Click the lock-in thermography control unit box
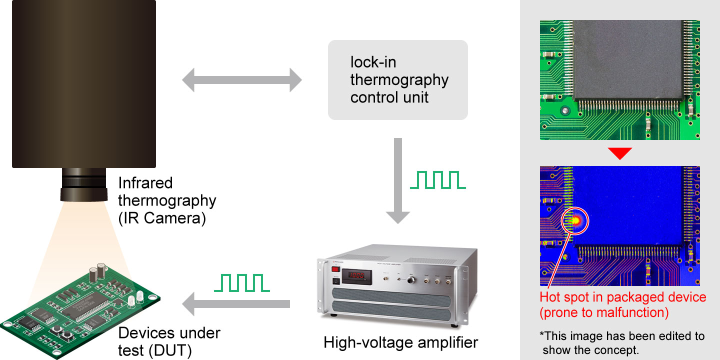[397, 80]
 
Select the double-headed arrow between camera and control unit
[241, 80]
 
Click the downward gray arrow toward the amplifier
[398, 180]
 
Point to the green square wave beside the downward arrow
[437, 180]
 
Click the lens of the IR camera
[83, 185]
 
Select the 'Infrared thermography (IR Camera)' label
[167, 200]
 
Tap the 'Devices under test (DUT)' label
[169, 341]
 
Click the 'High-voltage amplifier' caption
[400, 342]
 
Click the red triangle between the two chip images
[619, 153]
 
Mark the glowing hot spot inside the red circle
[575, 219]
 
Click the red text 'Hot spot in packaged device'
[622, 297]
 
